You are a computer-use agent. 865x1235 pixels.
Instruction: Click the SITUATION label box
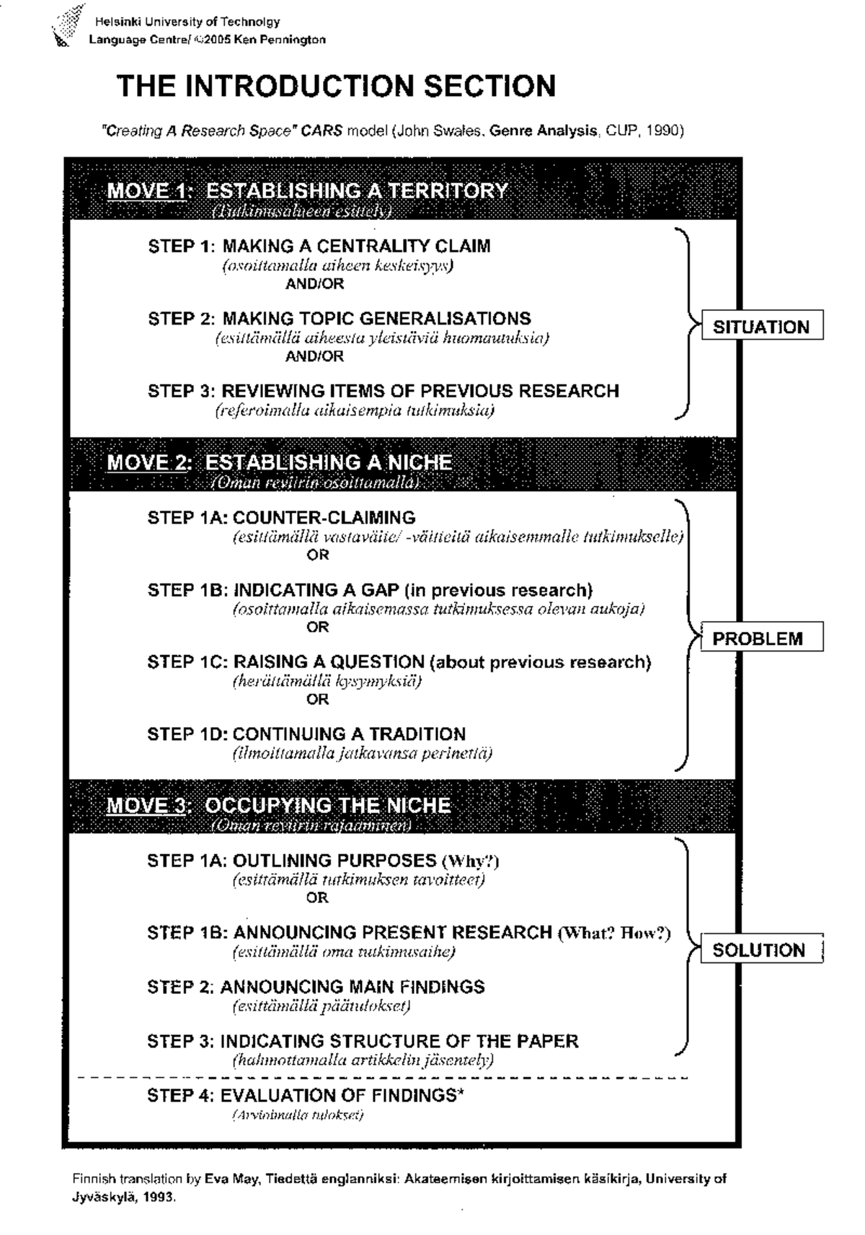(761, 327)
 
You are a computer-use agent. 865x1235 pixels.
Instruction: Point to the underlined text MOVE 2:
(150, 462)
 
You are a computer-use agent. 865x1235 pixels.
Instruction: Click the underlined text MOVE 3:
(149, 806)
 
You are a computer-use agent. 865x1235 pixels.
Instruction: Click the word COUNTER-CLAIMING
(324, 517)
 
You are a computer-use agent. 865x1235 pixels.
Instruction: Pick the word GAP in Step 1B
(381, 590)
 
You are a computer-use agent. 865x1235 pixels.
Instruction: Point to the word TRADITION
(418, 734)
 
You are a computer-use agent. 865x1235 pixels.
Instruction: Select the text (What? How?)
(614, 933)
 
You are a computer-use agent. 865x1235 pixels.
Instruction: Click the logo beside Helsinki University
(66, 26)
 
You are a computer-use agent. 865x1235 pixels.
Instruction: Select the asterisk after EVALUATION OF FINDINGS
(460, 1093)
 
